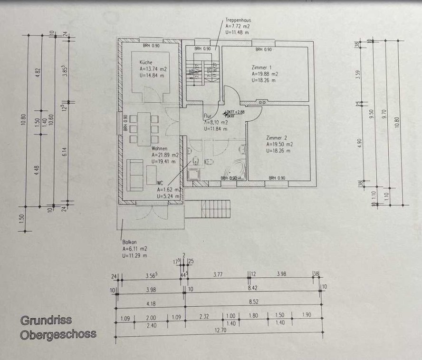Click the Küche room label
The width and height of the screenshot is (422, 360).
tap(146, 62)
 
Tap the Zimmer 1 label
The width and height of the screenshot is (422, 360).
tap(261, 68)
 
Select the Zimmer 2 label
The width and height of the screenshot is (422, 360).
tap(276, 138)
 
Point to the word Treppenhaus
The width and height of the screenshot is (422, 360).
tap(238, 20)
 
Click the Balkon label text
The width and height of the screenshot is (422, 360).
tap(129, 241)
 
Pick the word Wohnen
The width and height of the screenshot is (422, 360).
tap(159, 148)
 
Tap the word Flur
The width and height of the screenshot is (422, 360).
tap(207, 116)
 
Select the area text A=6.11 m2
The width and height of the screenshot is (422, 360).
tap(134, 249)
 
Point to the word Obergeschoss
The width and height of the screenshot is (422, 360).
tap(58, 334)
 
